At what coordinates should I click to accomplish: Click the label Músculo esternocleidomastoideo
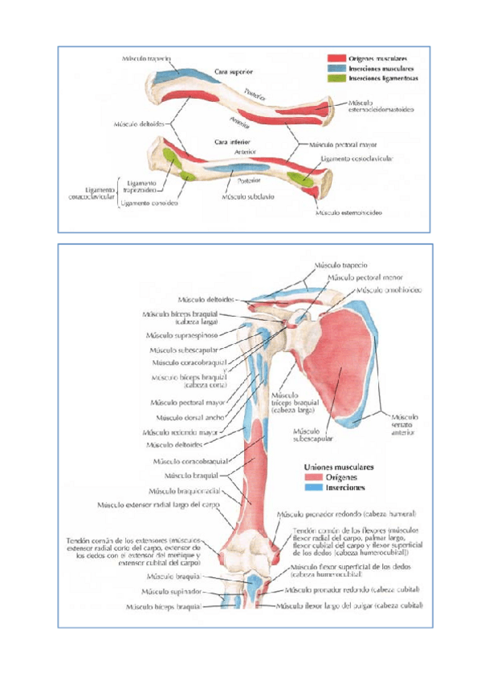(381, 107)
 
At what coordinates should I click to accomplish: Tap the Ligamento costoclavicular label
(357, 159)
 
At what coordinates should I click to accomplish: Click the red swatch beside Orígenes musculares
(336, 59)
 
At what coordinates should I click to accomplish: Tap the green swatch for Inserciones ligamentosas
(336, 79)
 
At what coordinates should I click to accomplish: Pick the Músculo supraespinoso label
(181, 335)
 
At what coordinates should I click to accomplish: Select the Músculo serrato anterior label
(402, 424)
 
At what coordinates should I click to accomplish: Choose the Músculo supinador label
(171, 591)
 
